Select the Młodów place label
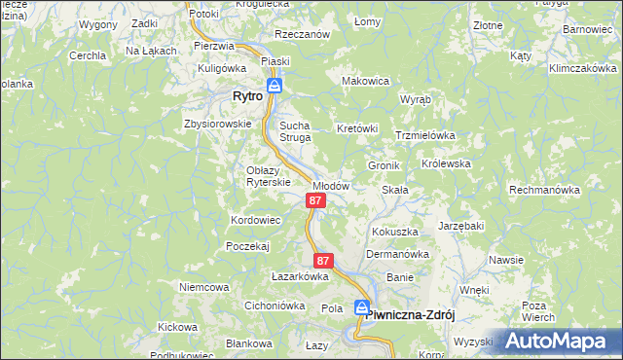tap(331, 186)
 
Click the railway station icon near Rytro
tap(275, 86)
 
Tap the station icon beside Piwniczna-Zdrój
tap(362, 308)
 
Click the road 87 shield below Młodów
tap(314, 200)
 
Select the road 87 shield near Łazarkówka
tap(324, 261)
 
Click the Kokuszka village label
tap(395, 233)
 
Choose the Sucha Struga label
tap(295, 131)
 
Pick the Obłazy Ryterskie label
tap(268, 177)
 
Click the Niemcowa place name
tap(203, 287)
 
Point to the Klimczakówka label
tap(583, 70)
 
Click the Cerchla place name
tap(87, 55)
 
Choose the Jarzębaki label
tap(461, 226)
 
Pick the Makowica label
tap(366, 80)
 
